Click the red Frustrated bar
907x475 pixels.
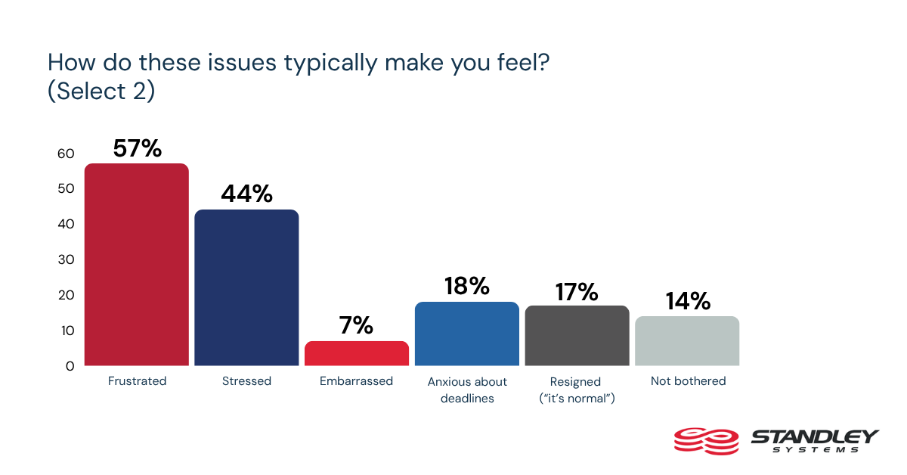coord(137,265)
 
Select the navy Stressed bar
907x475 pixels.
coord(246,287)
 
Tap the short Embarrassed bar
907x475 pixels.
coord(357,353)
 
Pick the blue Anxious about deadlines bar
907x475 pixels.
coord(467,334)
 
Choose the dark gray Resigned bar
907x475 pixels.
coord(577,336)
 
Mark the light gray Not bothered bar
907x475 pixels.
coord(687,341)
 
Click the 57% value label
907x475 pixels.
coord(137,148)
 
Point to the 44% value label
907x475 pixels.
coord(246,194)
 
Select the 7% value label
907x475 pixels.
coord(357,325)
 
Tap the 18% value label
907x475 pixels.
coord(467,286)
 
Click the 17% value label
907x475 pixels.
coord(577,290)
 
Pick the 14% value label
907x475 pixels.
coord(688,301)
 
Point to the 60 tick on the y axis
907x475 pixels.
coord(66,154)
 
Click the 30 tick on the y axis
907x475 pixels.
coord(66,259)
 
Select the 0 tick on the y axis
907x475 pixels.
coord(70,366)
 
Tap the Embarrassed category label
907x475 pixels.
coord(357,381)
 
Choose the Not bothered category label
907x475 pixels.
coord(688,381)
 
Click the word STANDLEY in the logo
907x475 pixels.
coord(814,436)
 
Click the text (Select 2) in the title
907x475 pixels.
coord(101,91)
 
